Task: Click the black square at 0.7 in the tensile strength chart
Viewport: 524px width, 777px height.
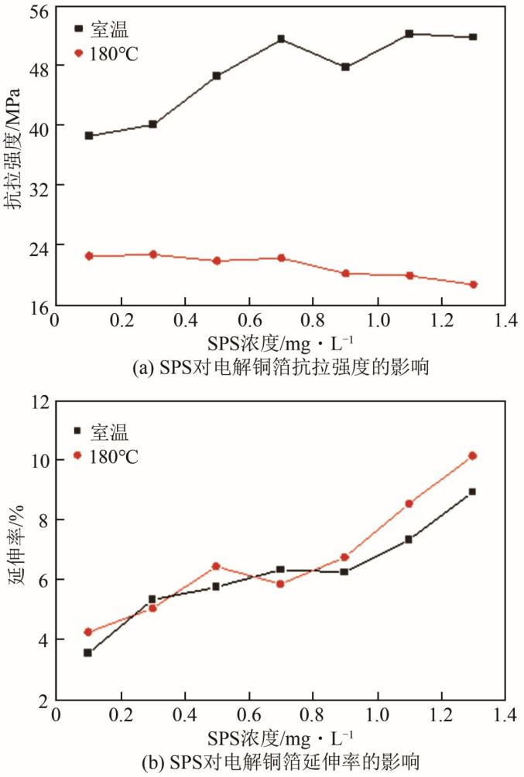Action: coord(281,39)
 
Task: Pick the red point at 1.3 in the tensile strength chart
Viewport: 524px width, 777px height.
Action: coord(473,285)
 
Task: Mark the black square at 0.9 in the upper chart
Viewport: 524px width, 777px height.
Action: coord(345,67)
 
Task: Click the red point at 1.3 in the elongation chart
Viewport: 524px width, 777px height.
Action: coord(472,456)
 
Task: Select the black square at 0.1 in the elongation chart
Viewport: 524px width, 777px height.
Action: coord(88,653)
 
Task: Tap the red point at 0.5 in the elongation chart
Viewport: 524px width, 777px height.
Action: coord(217,566)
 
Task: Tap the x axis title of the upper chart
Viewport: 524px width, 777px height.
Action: coord(281,341)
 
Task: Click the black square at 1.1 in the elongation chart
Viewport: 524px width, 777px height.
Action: coord(409,539)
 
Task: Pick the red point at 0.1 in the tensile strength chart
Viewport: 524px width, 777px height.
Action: coord(89,256)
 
